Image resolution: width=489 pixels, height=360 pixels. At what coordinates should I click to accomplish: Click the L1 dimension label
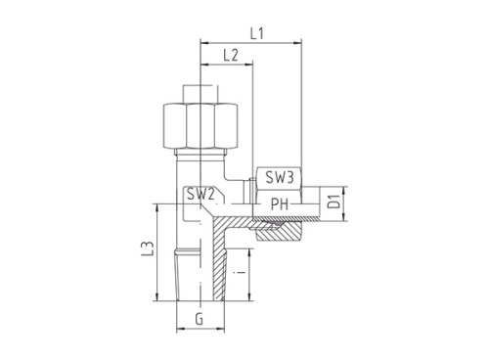point(256,34)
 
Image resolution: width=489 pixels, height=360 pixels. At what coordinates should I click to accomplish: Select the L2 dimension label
point(231,56)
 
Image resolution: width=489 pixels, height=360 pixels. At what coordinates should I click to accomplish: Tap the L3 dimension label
point(148,248)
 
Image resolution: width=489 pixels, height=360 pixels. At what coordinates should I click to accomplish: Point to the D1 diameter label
point(333,202)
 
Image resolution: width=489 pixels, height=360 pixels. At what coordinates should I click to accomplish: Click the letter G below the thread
point(200,319)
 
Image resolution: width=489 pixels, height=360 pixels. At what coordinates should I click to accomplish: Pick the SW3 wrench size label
point(280,177)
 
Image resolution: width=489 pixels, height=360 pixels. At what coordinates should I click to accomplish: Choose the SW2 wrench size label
point(200,195)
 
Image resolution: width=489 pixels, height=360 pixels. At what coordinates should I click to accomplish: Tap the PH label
point(280,204)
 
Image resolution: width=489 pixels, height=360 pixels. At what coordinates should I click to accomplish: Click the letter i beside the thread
point(241,272)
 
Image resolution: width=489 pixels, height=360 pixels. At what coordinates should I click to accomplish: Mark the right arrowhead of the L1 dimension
point(297,42)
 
